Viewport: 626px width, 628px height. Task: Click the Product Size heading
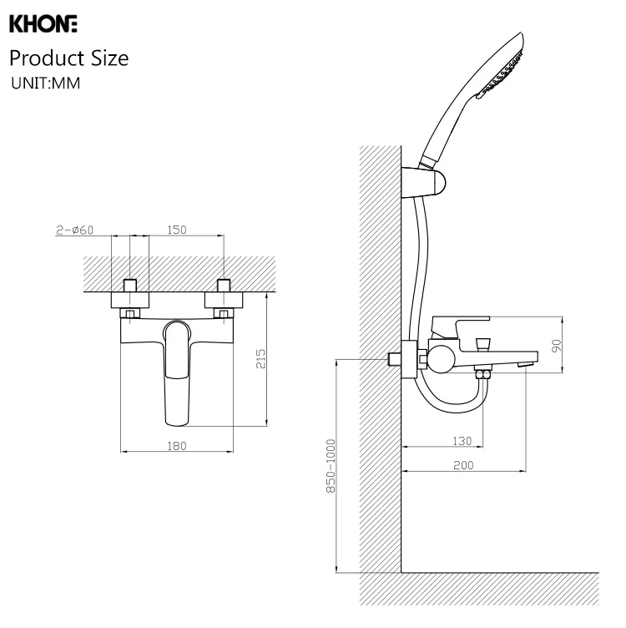pyautogui.click(x=69, y=58)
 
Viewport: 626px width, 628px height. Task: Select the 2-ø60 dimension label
pyautogui.click(x=75, y=230)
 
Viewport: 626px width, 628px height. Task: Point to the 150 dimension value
pyautogui.click(x=176, y=230)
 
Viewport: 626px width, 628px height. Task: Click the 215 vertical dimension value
pyautogui.click(x=260, y=359)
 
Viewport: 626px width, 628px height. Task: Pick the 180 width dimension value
pyautogui.click(x=176, y=446)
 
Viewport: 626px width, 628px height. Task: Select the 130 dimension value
pyautogui.click(x=462, y=441)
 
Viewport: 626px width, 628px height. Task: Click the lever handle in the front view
pyautogui.click(x=178, y=367)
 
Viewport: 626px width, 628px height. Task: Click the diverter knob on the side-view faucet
pyautogui.click(x=482, y=343)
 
